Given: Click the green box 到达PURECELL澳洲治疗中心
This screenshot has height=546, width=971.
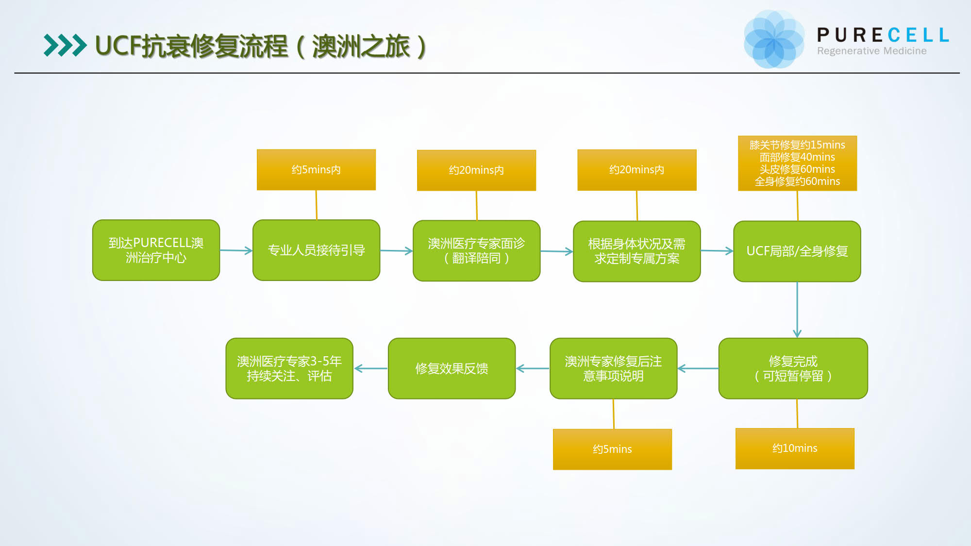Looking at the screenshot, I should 156,250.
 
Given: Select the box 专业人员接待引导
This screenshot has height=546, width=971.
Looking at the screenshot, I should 316,250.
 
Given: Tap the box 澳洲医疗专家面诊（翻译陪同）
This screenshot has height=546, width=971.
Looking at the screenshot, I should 476,250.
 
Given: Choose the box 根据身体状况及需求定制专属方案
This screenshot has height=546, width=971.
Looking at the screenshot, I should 636,251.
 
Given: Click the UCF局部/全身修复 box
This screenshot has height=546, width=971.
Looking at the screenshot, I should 797,251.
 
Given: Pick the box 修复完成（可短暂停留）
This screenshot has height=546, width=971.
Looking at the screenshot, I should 793,368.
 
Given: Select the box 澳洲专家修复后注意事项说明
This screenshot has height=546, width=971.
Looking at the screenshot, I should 613,368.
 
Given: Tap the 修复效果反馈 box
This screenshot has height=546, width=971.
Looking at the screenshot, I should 452,368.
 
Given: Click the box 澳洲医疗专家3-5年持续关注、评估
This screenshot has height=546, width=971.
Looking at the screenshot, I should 289,368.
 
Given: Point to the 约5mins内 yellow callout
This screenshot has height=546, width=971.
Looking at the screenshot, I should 316,169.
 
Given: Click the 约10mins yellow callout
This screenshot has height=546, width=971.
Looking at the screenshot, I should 795,448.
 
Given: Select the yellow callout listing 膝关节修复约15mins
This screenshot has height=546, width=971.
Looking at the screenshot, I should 797,163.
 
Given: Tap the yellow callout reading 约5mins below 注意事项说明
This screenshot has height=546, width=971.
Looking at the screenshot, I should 612,449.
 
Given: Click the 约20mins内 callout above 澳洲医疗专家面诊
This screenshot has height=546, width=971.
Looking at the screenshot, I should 476,170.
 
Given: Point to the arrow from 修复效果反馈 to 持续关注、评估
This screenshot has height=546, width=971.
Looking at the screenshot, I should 370,368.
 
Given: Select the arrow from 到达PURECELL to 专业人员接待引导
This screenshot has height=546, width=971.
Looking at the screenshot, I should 236,250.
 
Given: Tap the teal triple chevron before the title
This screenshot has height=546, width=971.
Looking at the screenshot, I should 65,46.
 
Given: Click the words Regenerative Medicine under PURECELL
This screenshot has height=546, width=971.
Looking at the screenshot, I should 871,51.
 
